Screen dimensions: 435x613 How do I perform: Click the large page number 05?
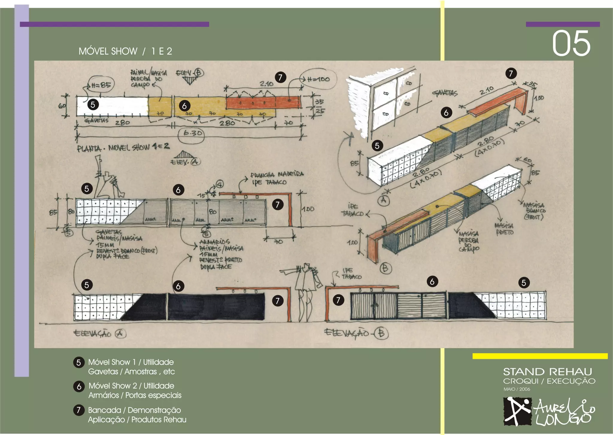(x=571, y=44)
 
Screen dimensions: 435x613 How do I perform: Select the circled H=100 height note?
(x=318, y=79)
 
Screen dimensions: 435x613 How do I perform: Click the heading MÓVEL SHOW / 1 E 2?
(x=125, y=51)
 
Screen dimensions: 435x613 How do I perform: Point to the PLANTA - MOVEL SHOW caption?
(x=123, y=147)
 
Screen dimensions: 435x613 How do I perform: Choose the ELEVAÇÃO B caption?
(x=356, y=333)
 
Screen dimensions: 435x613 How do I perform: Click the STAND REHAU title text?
(x=547, y=372)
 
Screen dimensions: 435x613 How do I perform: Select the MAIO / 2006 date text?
(x=517, y=389)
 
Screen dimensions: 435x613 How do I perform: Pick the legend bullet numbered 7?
(x=79, y=410)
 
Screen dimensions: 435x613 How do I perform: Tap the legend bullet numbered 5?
(x=79, y=363)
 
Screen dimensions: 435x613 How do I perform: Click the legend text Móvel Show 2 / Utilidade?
(x=131, y=386)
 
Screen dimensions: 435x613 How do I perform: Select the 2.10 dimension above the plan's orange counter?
(x=266, y=84)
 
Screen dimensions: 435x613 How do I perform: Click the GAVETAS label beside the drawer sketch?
(x=445, y=93)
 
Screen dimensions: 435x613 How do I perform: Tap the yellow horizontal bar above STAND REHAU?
(x=540, y=356)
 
